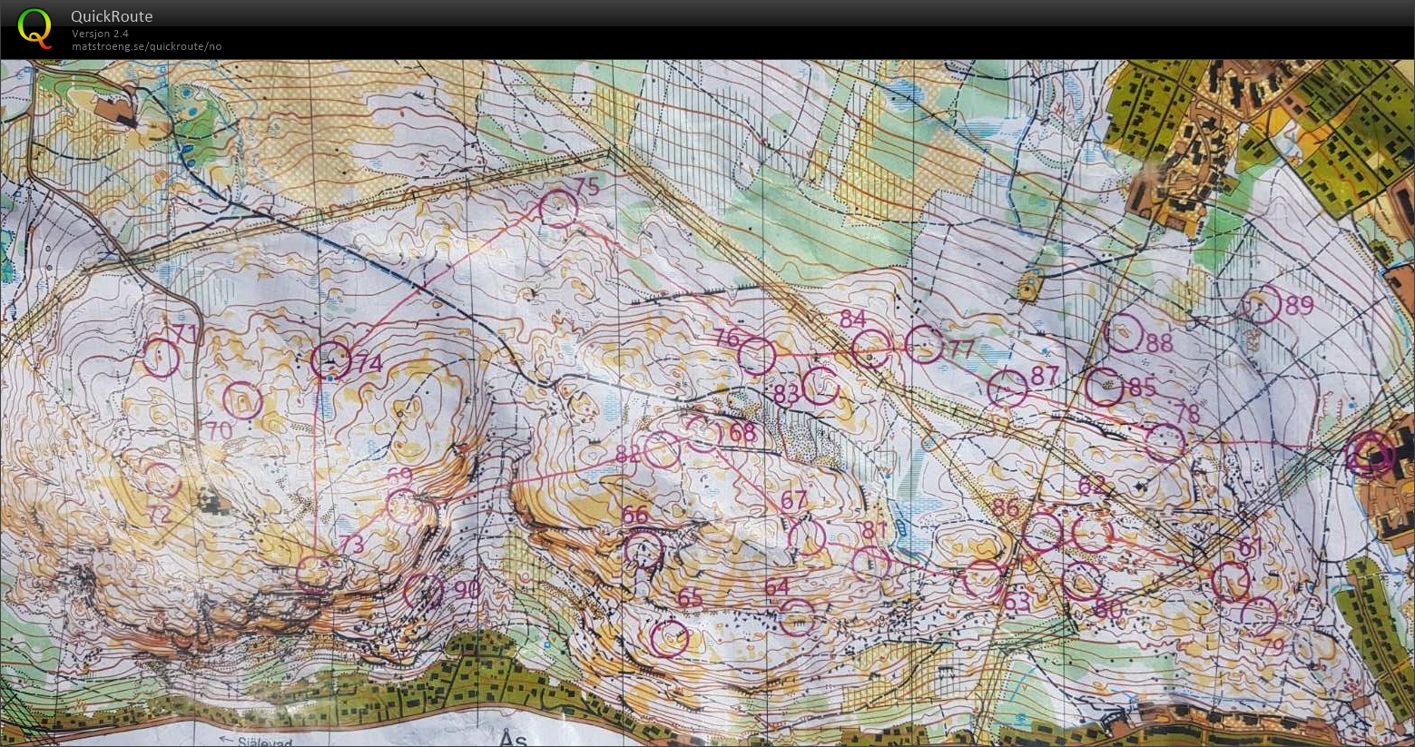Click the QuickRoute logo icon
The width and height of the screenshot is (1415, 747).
pos(35,27)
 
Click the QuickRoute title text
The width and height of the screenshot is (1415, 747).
pos(112,16)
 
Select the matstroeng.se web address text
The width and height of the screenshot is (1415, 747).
pos(146,46)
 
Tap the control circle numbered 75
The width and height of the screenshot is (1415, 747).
pos(558,209)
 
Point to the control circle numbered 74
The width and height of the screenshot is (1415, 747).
pos(330,360)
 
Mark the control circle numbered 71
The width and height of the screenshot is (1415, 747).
pos(162,358)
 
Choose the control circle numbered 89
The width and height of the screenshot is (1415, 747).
pos(1261,305)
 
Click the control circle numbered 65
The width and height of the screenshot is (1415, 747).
pos(669,638)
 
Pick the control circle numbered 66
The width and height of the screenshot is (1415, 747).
pos(644,549)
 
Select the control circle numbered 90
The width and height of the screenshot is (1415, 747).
pos(423,591)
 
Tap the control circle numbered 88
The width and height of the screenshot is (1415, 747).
pos(1125,333)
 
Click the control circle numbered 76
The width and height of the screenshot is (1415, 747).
pos(757,356)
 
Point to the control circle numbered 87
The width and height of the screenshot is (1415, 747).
pos(1007,388)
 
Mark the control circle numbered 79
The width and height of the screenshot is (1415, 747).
pos(1259,616)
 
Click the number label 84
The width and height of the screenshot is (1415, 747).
pos(853,319)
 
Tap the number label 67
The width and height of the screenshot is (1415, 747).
pos(793,499)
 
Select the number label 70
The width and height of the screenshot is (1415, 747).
pos(218,430)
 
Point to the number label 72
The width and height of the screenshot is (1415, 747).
pos(160,515)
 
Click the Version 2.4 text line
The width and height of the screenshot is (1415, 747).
pos(101,34)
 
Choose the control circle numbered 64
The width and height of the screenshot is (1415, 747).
pos(797,617)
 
